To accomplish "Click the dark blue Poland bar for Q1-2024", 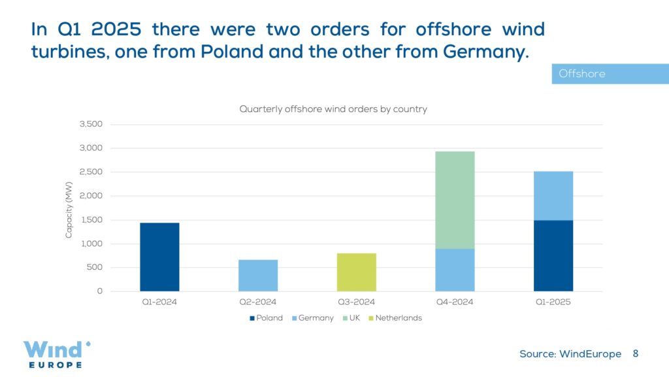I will (159, 257).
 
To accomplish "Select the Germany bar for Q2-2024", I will (258, 275).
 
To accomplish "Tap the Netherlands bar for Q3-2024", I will (356, 272).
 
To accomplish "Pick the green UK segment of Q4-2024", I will (455, 200).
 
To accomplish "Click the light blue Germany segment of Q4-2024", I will (455, 270).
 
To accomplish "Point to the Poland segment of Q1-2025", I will (553, 255).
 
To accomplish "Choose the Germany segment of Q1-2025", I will (553, 195).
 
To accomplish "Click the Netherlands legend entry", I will (398, 318).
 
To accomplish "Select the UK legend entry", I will (353, 318).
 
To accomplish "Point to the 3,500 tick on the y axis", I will (91, 124).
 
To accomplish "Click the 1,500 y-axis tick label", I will (91, 220).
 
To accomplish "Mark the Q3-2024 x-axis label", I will (356, 302).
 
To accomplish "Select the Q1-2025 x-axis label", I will (553, 302).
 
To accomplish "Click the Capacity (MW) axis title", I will (69, 208).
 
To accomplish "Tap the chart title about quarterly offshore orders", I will (333, 109).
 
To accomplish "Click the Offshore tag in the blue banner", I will (582, 74).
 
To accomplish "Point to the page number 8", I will (635, 353).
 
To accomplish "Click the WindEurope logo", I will (56, 353).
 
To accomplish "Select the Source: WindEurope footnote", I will (570, 354).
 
